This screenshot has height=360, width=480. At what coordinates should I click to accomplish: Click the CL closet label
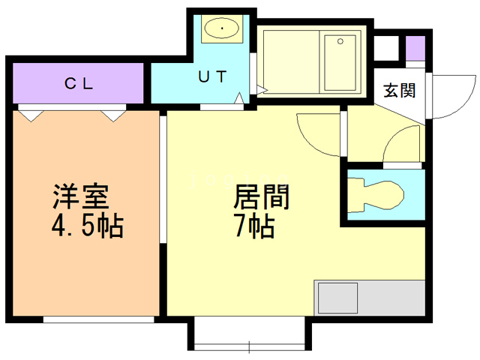click(77, 84)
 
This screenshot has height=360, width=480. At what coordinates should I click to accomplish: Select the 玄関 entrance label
click(399, 91)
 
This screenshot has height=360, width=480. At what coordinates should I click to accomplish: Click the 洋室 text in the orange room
click(81, 196)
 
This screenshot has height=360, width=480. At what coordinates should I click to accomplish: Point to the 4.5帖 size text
click(87, 224)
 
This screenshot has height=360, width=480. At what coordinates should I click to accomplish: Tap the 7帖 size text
click(253, 224)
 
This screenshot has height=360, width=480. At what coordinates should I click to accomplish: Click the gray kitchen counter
click(370, 298)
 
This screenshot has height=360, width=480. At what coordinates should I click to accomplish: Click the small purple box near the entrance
click(415, 46)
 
